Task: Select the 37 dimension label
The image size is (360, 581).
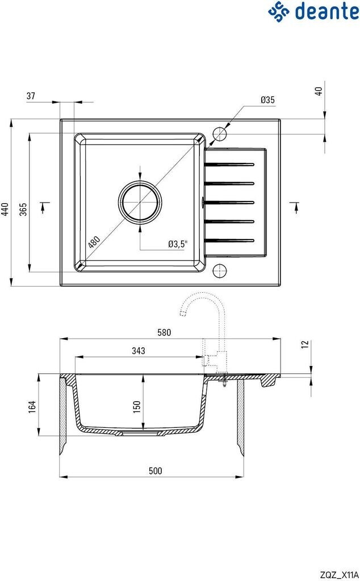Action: coord(31,96)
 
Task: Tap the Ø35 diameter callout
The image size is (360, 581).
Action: coord(267,100)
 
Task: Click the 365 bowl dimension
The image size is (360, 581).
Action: coord(23,209)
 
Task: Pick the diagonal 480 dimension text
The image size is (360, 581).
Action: coord(94,242)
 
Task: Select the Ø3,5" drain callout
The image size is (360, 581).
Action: coord(178,244)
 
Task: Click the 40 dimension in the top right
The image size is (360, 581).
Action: coord(319,91)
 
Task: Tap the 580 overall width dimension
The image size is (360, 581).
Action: coord(165,332)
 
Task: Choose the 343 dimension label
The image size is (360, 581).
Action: coord(139,351)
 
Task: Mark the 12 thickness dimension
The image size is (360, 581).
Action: coord(304,344)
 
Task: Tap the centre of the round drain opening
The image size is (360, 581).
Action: coord(140,203)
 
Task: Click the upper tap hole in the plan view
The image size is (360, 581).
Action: coord(219,133)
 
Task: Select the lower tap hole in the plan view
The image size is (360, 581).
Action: coord(219,271)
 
